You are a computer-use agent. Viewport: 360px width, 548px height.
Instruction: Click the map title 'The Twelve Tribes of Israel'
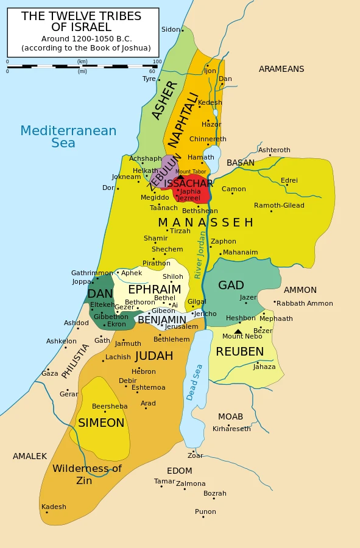[81, 21]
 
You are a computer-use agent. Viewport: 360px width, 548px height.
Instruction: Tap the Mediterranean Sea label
[68, 137]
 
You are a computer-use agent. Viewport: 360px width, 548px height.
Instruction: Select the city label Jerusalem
[181, 327]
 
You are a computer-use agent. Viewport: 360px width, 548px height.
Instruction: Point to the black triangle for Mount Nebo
[238, 331]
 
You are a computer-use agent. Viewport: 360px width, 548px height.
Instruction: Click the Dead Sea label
[194, 382]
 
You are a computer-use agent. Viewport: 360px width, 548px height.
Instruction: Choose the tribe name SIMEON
[101, 423]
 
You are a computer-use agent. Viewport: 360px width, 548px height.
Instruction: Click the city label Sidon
[171, 29]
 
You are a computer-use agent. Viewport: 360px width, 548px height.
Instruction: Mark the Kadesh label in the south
[54, 507]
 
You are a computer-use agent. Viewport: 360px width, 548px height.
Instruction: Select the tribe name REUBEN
[240, 352]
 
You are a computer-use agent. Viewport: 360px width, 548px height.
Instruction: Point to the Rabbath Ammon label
[305, 303]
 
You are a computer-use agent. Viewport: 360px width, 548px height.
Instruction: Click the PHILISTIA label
[76, 360]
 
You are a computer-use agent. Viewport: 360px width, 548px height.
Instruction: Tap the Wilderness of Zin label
[86, 474]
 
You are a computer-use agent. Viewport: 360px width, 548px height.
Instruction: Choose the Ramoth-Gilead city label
[279, 205]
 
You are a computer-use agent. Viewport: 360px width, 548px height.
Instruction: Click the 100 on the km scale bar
[157, 61]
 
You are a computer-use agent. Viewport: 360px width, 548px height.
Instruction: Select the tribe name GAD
[231, 286]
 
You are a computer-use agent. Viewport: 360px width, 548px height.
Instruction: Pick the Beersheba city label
[110, 406]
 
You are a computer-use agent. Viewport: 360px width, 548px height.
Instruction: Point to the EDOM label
[179, 471]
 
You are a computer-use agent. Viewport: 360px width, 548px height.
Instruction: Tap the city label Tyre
[149, 79]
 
